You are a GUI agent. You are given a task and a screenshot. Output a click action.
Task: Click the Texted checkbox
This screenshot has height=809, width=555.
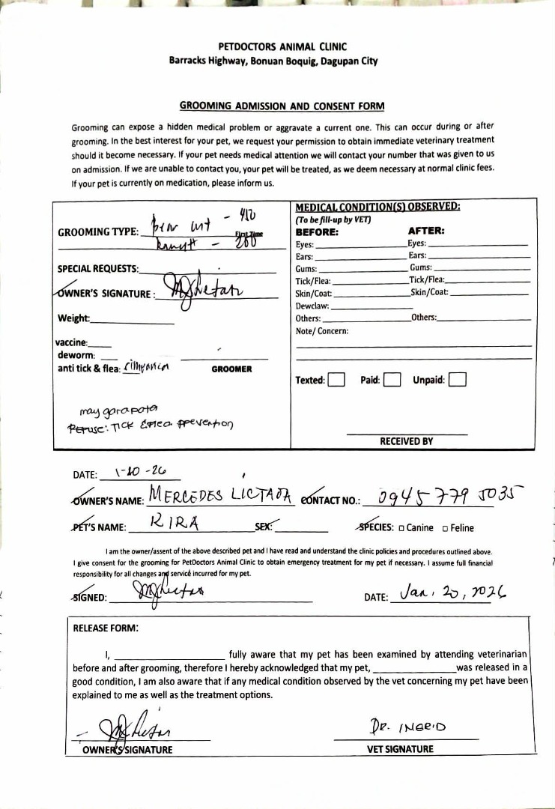pos(336,380)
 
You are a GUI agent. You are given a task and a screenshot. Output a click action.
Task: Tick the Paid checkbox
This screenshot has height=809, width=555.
pos(392,380)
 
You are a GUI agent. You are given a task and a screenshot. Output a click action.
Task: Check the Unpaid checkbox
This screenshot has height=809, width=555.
pos(457,380)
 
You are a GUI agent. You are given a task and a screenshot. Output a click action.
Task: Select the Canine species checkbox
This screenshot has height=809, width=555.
pos(401,528)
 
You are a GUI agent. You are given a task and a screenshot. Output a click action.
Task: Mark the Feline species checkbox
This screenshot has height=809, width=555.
pos(446,528)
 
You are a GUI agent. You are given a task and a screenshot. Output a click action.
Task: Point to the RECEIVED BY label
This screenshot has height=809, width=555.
pos(406,441)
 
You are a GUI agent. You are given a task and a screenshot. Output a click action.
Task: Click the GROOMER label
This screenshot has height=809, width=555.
pos(231,369)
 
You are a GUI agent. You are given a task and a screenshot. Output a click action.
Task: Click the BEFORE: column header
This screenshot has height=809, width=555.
pos(318,231)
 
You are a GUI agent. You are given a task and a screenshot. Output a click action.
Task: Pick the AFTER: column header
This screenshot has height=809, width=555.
pos(426,231)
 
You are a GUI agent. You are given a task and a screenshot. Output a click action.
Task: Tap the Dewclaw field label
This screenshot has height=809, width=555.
pos(312,306)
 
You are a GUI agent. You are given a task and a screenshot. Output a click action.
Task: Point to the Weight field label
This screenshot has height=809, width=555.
pos(73,318)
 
